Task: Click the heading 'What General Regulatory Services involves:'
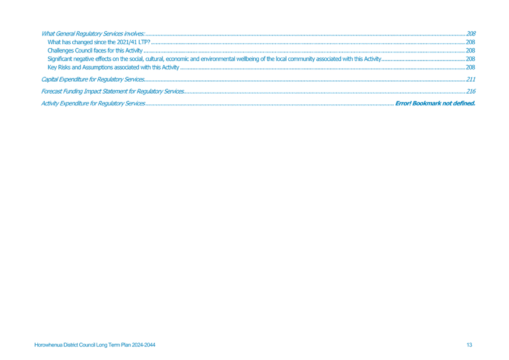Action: pyautogui.click(x=93, y=34)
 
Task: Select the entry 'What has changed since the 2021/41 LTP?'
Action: pyautogui.click(x=98, y=42)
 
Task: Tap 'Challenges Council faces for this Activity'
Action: pyautogui.click(x=95, y=51)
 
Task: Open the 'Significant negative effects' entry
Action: pyautogui.click(x=214, y=59)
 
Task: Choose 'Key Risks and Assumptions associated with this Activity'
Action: pyautogui.click(x=114, y=68)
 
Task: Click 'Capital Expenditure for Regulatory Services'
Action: pyautogui.click(x=93, y=80)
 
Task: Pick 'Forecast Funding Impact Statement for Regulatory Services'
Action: pyautogui.click(x=112, y=91)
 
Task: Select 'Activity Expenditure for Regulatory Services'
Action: pyautogui.click(x=93, y=104)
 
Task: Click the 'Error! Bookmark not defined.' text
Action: pyautogui.click(x=435, y=104)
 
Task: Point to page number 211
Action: pyautogui.click(x=471, y=80)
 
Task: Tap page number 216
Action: pyautogui.click(x=471, y=91)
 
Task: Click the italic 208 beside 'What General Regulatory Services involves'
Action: pyautogui.click(x=471, y=34)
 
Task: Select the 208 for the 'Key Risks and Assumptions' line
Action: pyautogui.click(x=471, y=68)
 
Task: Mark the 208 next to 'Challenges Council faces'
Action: pyautogui.click(x=471, y=51)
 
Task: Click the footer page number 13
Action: pyautogui.click(x=469, y=345)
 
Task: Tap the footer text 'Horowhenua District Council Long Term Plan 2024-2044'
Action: pyautogui.click(x=95, y=345)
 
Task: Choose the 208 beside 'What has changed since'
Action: pyautogui.click(x=471, y=42)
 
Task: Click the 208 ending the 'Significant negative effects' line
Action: pyautogui.click(x=471, y=59)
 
